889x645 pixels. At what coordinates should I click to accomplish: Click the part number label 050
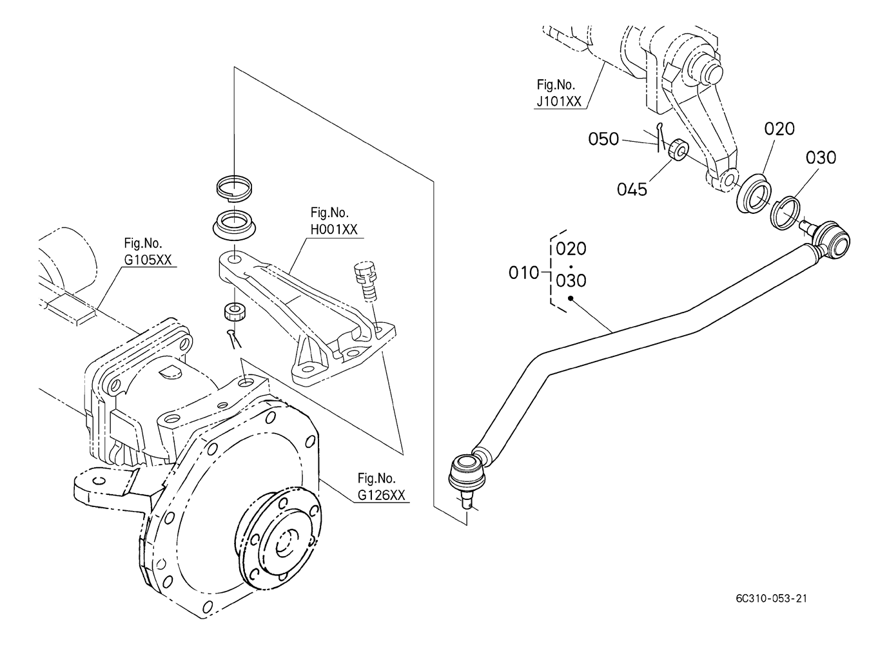(603, 139)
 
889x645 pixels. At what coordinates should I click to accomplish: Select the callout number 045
(632, 189)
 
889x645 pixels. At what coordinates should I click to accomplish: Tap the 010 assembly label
(524, 273)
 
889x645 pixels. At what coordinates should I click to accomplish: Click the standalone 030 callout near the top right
(821, 157)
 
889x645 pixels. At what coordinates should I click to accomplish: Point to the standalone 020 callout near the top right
(779, 129)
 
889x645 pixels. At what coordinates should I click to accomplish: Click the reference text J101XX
(559, 102)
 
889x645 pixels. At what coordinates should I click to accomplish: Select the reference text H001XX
(334, 229)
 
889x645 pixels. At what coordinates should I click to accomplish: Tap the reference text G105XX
(148, 260)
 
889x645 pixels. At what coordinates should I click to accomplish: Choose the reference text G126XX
(381, 495)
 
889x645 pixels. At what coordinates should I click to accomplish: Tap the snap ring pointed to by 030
(785, 213)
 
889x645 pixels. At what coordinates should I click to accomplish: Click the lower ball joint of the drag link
(467, 477)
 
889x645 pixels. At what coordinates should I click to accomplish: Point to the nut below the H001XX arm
(235, 311)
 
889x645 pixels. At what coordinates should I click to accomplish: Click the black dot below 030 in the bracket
(571, 298)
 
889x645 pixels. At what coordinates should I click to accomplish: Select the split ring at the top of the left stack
(235, 186)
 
